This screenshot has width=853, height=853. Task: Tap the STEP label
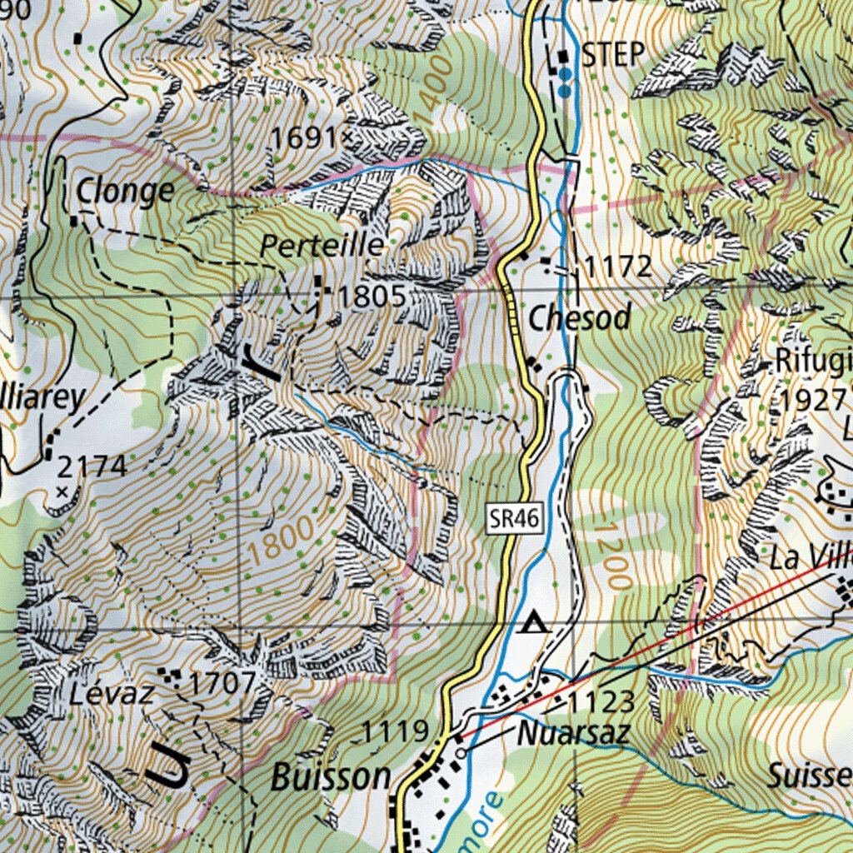613,55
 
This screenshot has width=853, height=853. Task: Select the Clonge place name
125,192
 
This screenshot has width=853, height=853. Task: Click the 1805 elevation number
372,296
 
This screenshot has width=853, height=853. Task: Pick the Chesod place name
580,317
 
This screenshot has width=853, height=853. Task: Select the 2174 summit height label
92,466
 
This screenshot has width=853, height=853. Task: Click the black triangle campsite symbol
534,622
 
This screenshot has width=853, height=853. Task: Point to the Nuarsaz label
573,734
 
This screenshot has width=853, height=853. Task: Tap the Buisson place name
331,776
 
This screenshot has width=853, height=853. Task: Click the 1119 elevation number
395,732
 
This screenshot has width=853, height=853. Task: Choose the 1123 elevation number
602,701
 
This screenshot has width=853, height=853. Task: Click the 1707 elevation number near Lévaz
222,684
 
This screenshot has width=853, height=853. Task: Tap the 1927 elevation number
813,400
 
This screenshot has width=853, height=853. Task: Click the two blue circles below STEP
565,80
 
